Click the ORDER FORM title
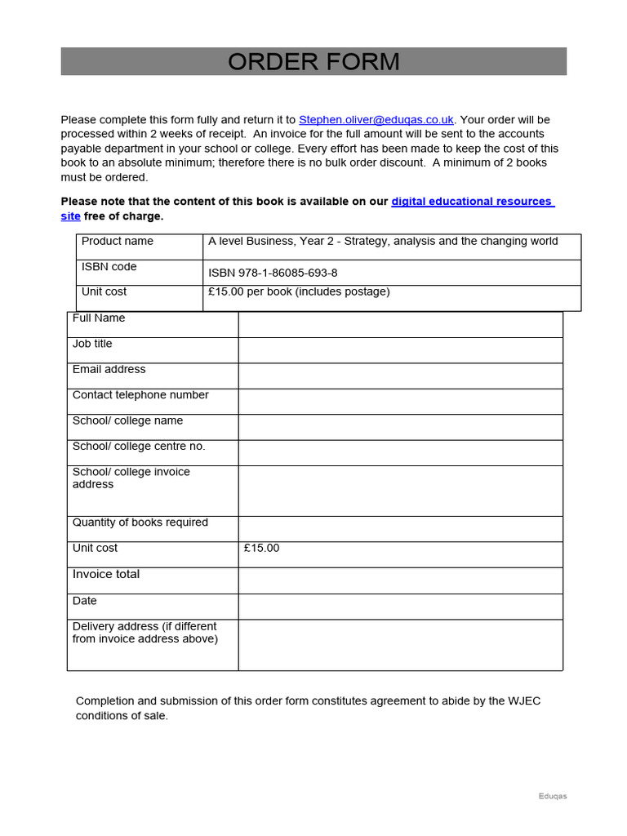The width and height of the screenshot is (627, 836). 313,62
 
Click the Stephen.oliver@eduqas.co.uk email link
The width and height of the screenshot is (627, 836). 376,120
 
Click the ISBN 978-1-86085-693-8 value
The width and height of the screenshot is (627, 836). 273,273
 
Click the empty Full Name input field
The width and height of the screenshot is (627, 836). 400,325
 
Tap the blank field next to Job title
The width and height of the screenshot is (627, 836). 400,350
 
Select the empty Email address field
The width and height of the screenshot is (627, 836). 400,376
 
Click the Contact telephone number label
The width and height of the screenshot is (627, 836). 140,395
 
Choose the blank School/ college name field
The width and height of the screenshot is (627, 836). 400,427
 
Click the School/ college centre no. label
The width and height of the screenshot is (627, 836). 139,447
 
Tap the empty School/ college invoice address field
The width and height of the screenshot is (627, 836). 400,491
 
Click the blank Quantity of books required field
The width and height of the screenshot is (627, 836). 400,529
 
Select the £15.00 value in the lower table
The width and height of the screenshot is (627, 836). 261,549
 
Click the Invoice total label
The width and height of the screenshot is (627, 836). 106,575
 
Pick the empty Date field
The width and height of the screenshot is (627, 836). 400,607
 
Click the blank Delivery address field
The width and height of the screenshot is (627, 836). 400,645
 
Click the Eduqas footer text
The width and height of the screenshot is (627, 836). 552,797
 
